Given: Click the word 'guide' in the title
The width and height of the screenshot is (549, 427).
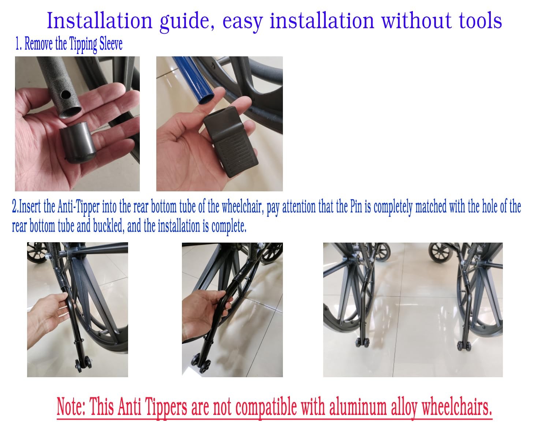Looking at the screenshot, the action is coord(187,22).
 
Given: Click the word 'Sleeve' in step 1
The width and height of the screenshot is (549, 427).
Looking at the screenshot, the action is coord(111,44).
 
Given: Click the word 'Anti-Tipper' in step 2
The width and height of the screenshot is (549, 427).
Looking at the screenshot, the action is coord(79,207).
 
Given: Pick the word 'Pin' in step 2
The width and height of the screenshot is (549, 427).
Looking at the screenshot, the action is coord(356,207).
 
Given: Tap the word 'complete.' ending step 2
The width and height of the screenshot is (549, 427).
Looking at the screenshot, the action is coord(229,226).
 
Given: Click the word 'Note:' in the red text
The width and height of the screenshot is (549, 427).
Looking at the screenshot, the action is coord(71,406).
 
